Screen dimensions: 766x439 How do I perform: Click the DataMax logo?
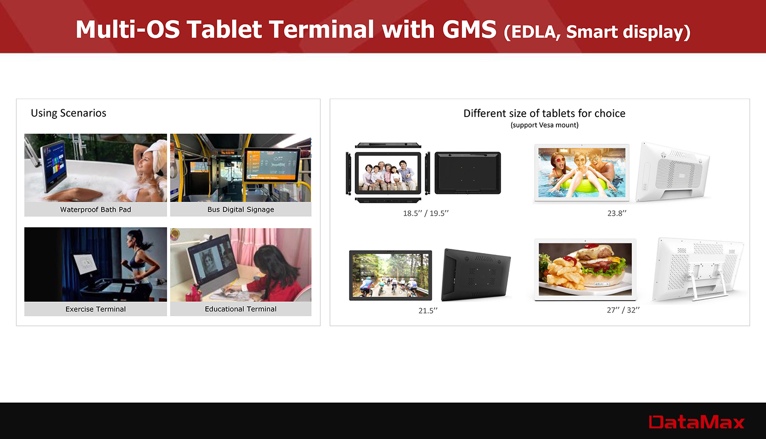tap(696, 422)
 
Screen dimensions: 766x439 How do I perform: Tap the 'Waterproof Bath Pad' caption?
tap(95, 209)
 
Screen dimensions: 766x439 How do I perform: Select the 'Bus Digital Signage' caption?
tap(241, 209)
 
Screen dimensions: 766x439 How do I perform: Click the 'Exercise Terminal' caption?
tap(95, 309)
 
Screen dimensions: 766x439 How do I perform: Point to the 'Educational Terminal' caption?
tap(241, 309)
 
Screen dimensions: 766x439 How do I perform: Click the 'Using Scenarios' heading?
tap(68, 113)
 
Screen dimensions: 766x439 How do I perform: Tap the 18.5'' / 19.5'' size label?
tap(426, 213)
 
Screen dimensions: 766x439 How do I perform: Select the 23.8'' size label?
tap(617, 213)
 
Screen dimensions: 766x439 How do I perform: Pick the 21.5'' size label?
tap(428, 310)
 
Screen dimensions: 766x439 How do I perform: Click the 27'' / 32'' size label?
tap(623, 310)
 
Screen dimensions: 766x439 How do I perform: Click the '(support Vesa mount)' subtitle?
tap(544, 125)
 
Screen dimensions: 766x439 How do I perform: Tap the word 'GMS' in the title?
tap(469, 29)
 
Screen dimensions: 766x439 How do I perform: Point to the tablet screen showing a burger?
tap(585, 269)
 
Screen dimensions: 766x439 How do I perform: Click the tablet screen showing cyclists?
tap(390, 275)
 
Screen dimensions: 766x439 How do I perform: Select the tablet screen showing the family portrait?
tap(388, 173)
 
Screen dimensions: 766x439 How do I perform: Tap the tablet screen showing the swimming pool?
tap(582, 173)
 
